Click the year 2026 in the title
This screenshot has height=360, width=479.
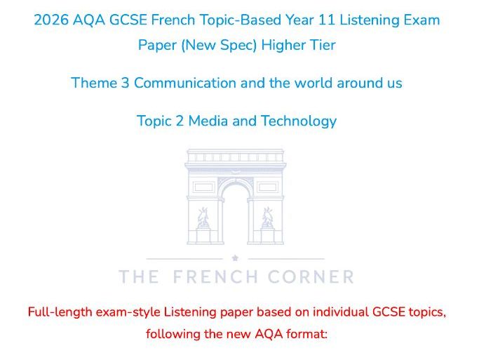click(x=51, y=20)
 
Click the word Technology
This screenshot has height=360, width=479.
click(x=299, y=121)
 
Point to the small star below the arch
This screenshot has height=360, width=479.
click(x=235, y=258)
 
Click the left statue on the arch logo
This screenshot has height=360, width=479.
click(x=203, y=218)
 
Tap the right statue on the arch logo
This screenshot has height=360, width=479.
click(x=267, y=218)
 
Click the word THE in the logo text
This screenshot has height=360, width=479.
click(x=139, y=277)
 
